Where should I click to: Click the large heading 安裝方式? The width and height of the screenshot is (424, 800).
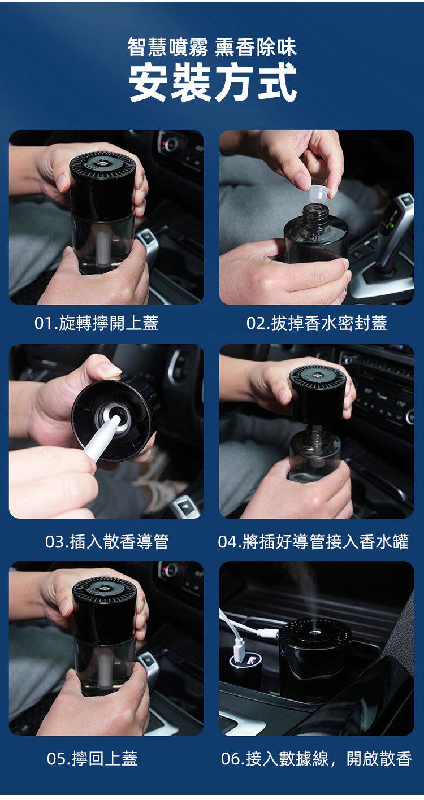pyautogui.click(x=213, y=82)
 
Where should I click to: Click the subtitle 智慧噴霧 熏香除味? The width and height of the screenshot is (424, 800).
pyautogui.click(x=212, y=47)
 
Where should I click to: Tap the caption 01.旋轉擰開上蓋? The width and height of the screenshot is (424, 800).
pyautogui.click(x=96, y=323)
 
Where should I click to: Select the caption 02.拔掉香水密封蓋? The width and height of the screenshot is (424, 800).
pyautogui.click(x=317, y=323)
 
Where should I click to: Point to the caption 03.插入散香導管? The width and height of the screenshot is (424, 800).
pyautogui.click(x=107, y=541)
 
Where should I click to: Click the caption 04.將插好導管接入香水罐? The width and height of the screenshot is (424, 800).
pyautogui.click(x=313, y=541)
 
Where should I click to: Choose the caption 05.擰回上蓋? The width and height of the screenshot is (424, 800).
pyautogui.click(x=92, y=758)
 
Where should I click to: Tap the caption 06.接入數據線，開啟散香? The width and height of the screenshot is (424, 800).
pyautogui.click(x=317, y=758)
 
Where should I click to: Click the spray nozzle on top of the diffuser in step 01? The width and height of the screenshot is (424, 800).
pyautogui.click(x=102, y=163)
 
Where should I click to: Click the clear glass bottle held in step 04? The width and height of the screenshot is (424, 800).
pyautogui.click(x=314, y=457)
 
